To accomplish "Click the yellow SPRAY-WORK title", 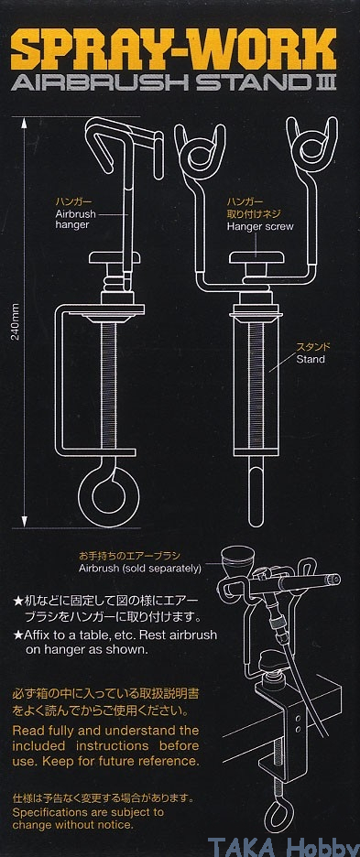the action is [x=174, y=49].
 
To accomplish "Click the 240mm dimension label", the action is [x=16, y=322].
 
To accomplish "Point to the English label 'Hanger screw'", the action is [x=260, y=226].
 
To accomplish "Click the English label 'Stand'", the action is [x=311, y=359].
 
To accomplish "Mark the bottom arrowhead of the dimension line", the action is [x=25, y=521].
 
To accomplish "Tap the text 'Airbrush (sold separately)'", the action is [x=140, y=569].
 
